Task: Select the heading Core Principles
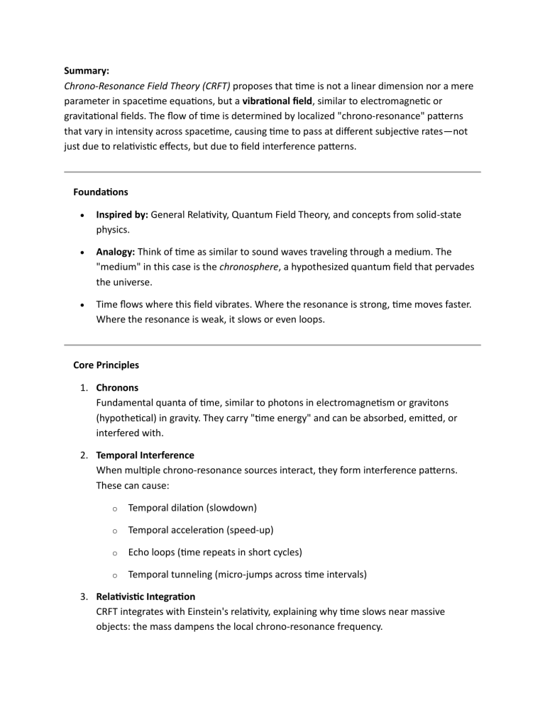pyautogui.click(x=106, y=365)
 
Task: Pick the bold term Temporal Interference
pyautogui.click(x=145, y=456)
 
